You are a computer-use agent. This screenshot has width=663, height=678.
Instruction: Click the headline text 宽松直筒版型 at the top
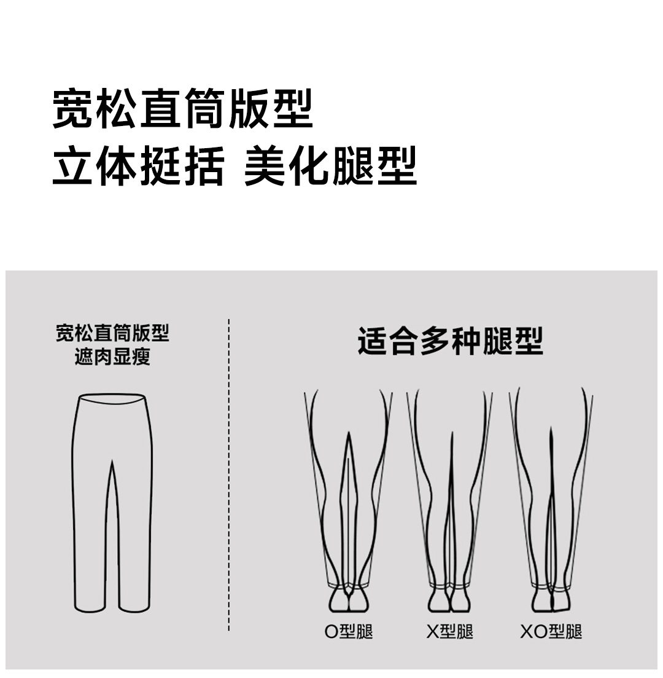point(182,109)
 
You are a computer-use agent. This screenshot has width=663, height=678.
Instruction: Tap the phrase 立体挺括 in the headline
point(139,166)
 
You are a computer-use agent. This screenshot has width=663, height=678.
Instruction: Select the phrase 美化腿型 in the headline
point(330,166)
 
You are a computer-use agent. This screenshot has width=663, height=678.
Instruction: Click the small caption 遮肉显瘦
point(112,357)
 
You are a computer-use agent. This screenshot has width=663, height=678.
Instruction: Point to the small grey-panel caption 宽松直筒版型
point(112,333)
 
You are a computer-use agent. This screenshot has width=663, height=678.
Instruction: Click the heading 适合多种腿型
point(450,342)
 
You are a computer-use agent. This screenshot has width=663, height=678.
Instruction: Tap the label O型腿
point(349,632)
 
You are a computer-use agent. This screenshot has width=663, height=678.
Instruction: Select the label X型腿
point(449,632)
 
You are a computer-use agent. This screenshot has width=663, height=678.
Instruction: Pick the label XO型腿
point(551,632)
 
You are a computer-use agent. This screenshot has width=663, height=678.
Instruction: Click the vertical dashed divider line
point(228,475)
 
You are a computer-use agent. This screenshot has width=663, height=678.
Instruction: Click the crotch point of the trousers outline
point(112,461)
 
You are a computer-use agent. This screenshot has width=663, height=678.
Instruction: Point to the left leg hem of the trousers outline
point(90,610)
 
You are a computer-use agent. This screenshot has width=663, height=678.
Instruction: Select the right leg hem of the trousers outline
point(134,610)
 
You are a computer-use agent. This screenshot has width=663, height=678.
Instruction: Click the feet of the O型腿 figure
point(349,600)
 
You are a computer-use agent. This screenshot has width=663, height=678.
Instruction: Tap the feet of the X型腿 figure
point(449,600)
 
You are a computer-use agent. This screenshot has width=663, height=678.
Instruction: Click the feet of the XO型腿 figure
point(551,600)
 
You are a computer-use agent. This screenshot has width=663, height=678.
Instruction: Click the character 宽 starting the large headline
point(72,109)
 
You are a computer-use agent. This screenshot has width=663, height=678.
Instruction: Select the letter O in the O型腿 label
point(331,632)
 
